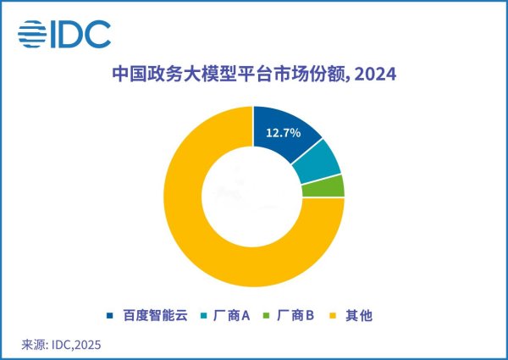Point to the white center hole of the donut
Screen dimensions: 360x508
[x=254, y=197]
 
